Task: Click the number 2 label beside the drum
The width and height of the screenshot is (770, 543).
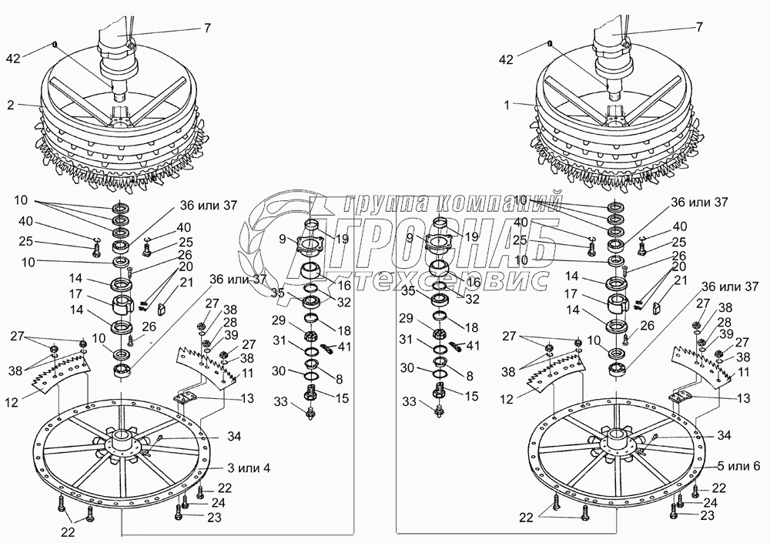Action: tap(11, 105)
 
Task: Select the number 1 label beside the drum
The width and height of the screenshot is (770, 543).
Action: tap(507, 105)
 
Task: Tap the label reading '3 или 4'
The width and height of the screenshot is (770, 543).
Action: tap(249, 468)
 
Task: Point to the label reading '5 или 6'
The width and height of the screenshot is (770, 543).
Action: tap(738, 466)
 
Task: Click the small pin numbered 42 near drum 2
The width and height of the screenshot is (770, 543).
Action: tap(55, 45)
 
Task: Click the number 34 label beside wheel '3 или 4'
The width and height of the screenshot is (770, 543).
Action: tap(234, 436)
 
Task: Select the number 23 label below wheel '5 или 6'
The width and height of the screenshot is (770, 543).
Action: tap(708, 515)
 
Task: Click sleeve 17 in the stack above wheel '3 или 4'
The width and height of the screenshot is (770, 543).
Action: tap(123, 305)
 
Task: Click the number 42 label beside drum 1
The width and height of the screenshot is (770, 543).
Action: tap(507, 59)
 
